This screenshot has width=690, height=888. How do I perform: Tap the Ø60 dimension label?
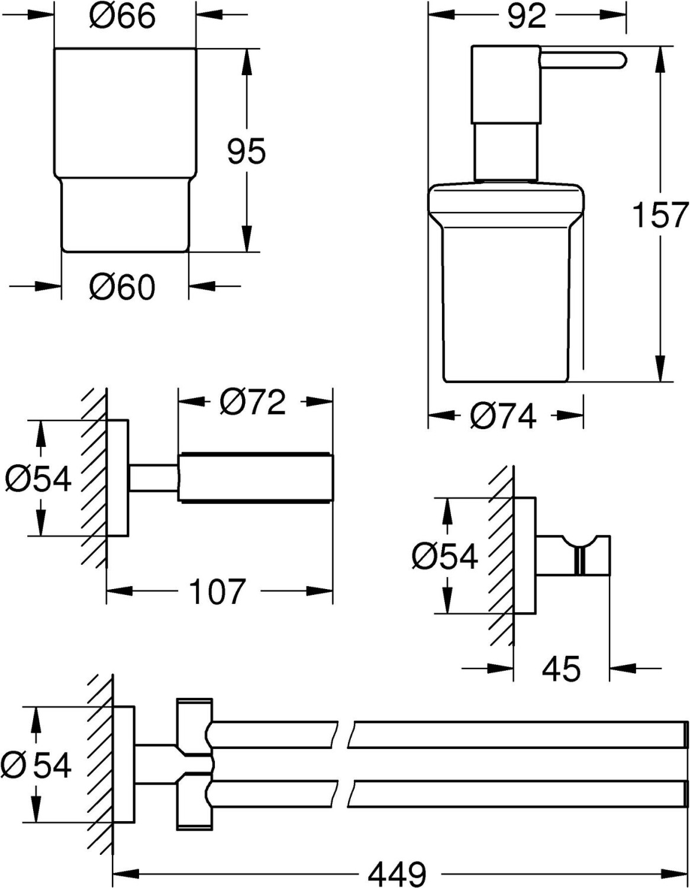[122, 287]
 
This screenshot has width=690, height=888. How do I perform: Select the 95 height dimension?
[246, 152]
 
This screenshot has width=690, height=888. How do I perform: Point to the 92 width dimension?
[527, 16]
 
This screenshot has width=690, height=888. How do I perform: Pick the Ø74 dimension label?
[502, 416]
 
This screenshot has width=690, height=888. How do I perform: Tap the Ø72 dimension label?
[252, 402]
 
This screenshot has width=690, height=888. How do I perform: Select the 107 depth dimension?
[218, 591]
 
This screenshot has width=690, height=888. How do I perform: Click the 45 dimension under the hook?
[561, 668]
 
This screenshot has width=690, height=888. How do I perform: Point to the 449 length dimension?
[397, 871]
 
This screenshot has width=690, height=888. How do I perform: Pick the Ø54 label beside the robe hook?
[445, 556]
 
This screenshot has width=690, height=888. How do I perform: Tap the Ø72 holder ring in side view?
[255, 477]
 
